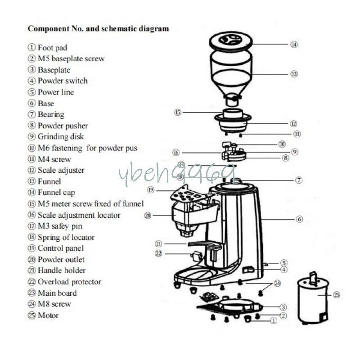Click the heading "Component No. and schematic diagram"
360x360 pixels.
pyautogui.click(x=99, y=29)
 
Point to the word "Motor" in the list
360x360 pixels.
pyautogui.click(x=48, y=315)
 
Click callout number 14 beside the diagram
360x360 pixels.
pyautogui.click(x=294, y=45)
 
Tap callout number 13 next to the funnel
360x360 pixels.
pyautogui.click(x=294, y=74)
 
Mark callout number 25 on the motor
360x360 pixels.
pyautogui.click(x=337, y=295)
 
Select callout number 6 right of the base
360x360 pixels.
pyautogui.click(x=300, y=219)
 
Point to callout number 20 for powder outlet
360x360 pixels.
pyautogui.click(x=148, y=216)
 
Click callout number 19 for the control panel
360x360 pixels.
pyautogui.click(x=151, y=190)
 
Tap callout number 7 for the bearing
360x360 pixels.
pyautogui.click(x=299, y=180)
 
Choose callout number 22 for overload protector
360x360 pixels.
pyautogui.click(x=158, y=253)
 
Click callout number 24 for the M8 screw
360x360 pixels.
pyautogui.click(x=277, y=283)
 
